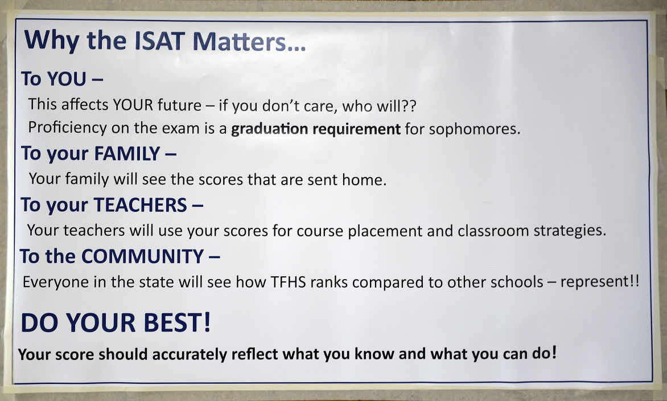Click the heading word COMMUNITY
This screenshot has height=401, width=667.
142,257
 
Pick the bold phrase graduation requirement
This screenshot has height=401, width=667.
315,129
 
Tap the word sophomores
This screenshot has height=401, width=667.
474,129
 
